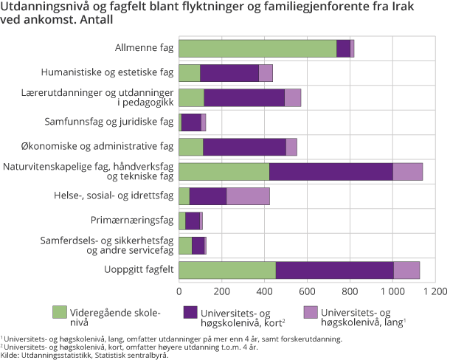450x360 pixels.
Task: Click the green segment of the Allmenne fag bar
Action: pyautogui.click(x=257, y=49)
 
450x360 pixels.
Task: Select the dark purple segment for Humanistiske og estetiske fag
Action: pyautogui.click(x=229, y=73)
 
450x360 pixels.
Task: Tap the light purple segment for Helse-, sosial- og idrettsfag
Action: pyautogui.click(x=248, y=196)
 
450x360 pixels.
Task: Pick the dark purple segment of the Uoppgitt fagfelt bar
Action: pyautogui.click(x=334, y=270)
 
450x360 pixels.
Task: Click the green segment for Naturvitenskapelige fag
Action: pyautogui.click(x=224, y=172)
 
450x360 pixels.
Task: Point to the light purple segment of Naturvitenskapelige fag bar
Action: pyautogui.click(x=407, y=172)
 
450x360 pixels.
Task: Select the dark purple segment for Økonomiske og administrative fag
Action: pyautogui.click(x=244, y=147)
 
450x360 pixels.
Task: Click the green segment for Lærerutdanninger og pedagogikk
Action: pyautogui.click(x=191, y=98)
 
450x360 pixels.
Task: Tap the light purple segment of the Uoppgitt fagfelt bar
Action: pyautogui.click(x=406, y=270)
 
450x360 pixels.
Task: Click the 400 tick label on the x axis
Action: pyautogui.click(x=264, y=291)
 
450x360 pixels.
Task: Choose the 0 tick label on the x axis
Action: pyautogui.click(x=179, y=291)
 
